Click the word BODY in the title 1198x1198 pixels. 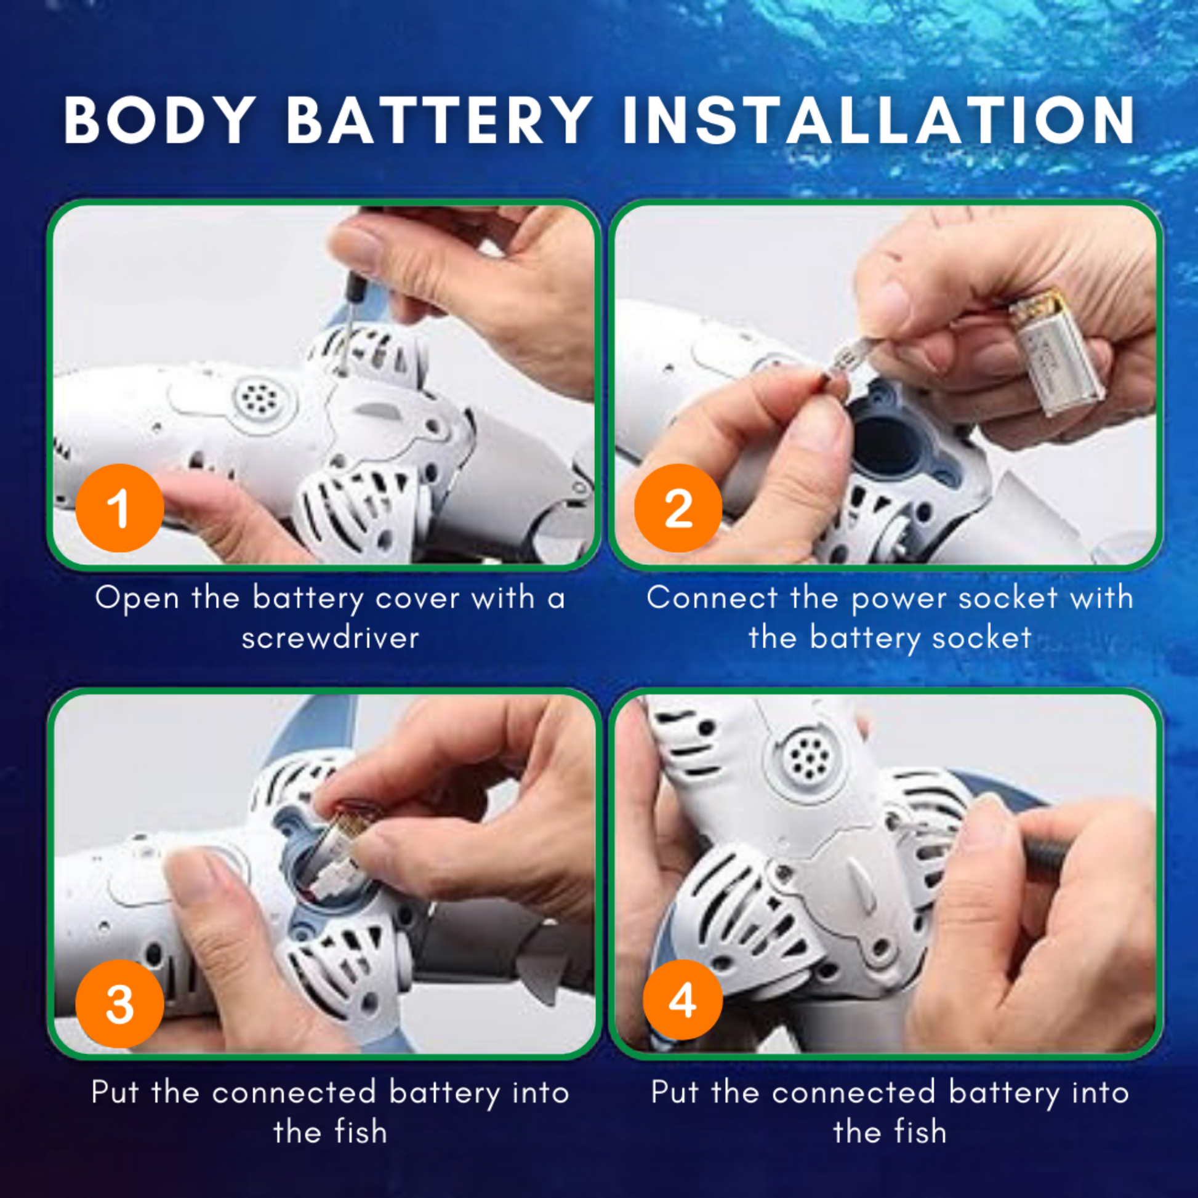(159, 120)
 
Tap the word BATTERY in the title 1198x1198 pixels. (438, 120)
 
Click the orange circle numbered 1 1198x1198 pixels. (119, 508)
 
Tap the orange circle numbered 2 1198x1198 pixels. (678, 508)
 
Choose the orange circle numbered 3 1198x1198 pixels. (119, 1004)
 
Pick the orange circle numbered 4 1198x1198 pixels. (683, 1000)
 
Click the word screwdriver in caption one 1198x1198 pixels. (331, 638)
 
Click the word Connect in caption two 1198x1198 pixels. (712, 598)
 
